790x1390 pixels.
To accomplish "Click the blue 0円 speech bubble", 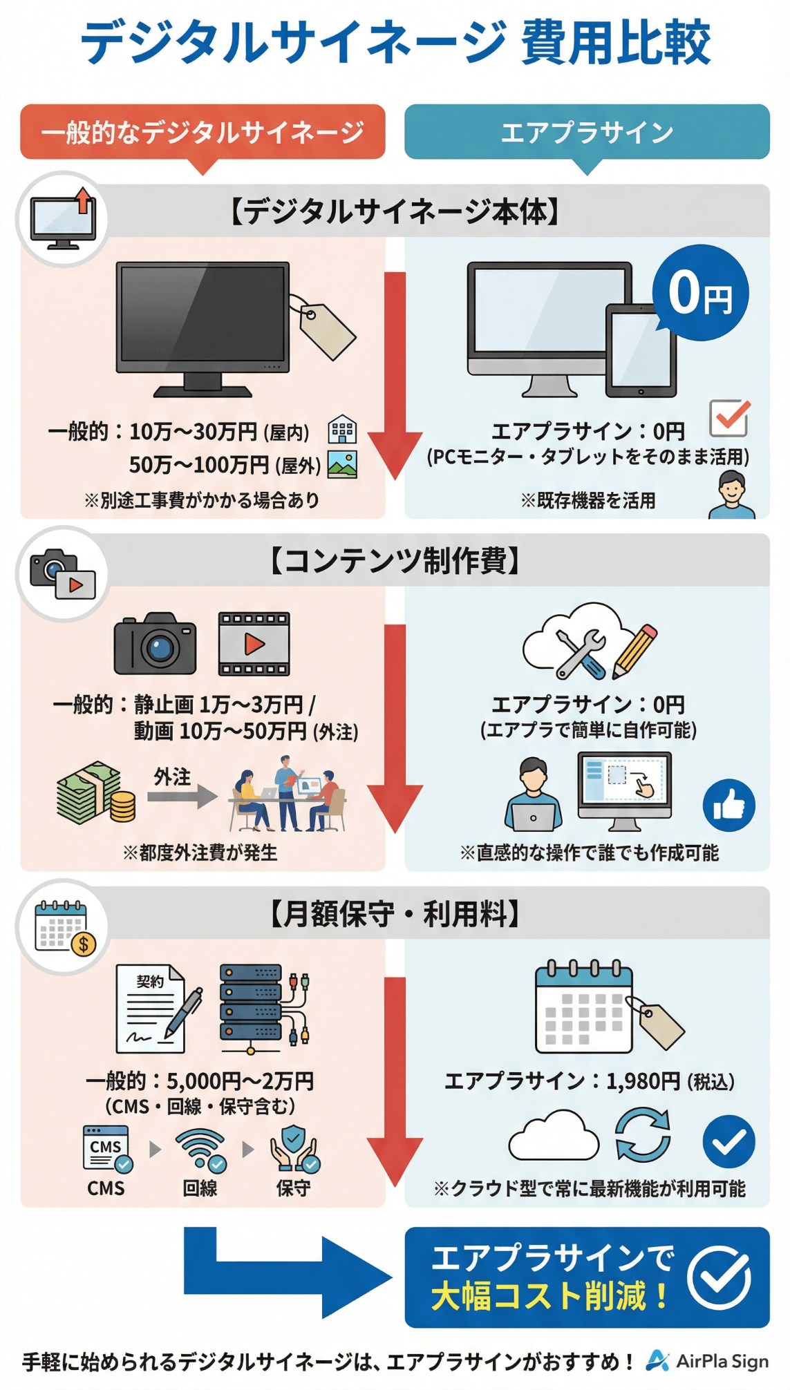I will pyautogui.click(x=700, y=292).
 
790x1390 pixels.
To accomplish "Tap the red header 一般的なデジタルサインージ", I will pyautogui.click(x=203, y=131).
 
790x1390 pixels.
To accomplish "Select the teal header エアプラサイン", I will pyautogui.click(x=587, y=131).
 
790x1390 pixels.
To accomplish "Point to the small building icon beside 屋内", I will pyautogui.click(x=342, y=430).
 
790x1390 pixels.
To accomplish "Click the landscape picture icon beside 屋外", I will pyautogui.click(x=342, y=464).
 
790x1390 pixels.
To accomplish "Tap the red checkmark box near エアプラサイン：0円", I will pyautogui.click(x=729, y=417).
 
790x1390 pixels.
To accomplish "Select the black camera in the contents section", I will pyautogui.click(x=156, y=644).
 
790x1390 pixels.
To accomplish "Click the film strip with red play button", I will pyautogui.click(x=254, y=644).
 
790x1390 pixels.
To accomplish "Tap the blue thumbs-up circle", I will pyautogui.click(x=728, y=805).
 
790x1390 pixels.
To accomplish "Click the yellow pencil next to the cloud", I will pyautogui.click(x=634, y=650).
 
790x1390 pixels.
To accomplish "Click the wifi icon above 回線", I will pyautogui.click(x=201, y=1150).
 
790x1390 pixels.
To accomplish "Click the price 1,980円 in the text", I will pyautogui.click(x=643, y=1081).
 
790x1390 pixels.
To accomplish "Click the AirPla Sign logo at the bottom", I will pyautogui.click(x=707, y=1361).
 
